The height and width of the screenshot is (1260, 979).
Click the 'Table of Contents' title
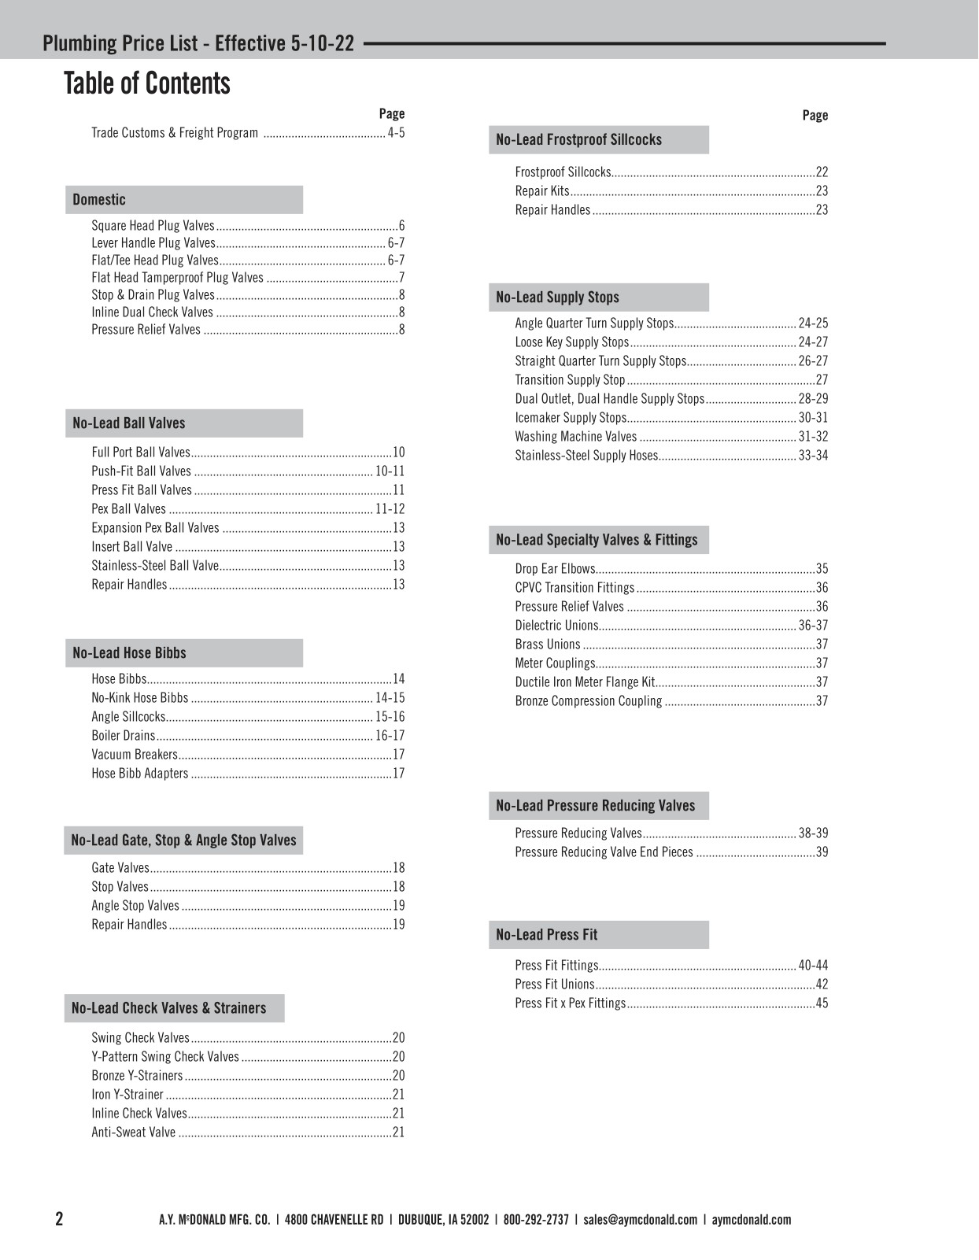147,83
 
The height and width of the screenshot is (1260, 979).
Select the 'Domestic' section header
99,200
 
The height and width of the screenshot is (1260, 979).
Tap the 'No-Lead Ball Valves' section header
129,423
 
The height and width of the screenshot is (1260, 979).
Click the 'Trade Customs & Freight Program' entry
175,133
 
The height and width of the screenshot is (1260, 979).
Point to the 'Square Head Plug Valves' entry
153,226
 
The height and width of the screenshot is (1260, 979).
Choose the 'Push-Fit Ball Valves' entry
142,471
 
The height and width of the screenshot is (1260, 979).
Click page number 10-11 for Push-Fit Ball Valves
390,471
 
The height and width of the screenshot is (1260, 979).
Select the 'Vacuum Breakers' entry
135,755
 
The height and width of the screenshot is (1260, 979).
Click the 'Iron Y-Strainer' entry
127,1095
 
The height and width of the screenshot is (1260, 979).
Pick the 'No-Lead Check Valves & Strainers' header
169,1008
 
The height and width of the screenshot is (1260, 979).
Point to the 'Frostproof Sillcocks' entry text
563,172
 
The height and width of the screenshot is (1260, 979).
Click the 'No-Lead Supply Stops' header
557,297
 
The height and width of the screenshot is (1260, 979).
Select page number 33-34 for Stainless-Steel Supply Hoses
813,456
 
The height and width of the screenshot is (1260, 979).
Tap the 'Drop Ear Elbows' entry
555,569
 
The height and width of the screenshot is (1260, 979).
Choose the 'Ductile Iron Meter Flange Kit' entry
585,682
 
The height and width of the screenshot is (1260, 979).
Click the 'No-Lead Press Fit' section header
547,935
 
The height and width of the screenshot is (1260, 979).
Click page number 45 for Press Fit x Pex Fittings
822,1003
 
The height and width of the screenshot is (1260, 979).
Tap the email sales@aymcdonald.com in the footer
641,1220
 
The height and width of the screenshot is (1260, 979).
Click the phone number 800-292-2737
536,1220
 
